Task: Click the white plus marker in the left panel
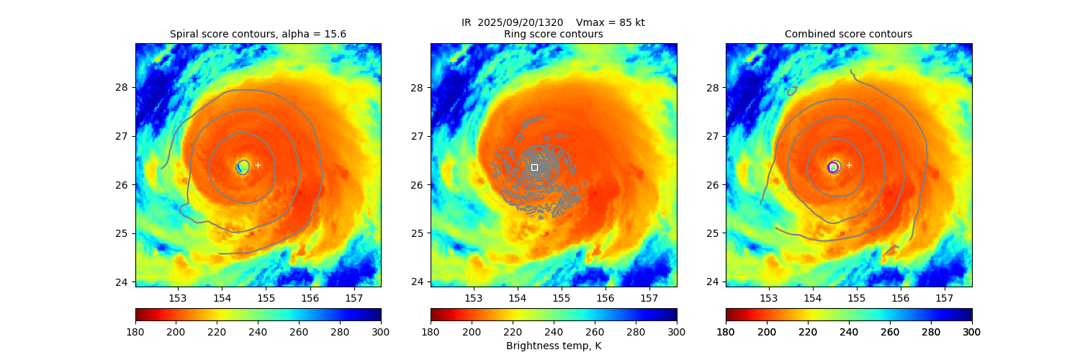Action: coord(258,165)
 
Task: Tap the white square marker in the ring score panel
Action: coord(534,167)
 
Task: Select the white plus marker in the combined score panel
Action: coord(849,165)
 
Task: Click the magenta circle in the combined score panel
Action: coord(833,167)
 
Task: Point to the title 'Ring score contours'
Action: coord(553,34)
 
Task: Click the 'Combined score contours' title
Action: coord(848,34)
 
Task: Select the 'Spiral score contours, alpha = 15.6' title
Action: coord(258,34)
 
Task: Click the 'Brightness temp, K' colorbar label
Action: coord(553,346)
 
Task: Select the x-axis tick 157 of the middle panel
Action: coord(649,298)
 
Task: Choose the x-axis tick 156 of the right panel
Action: coord(901,298)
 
